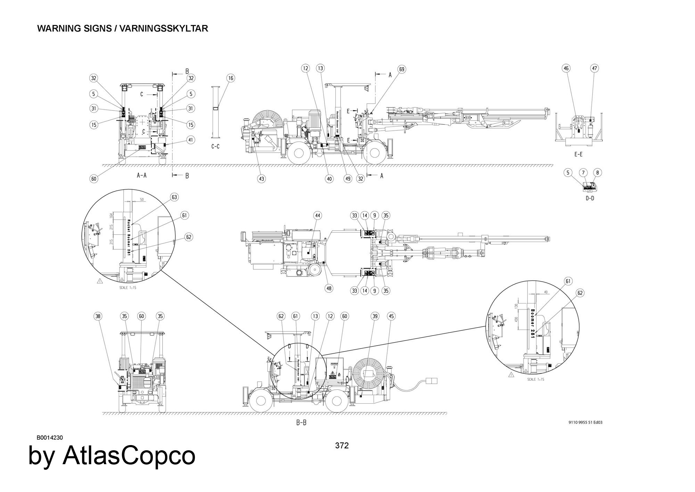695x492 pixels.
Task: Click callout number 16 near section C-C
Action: click(231, 78)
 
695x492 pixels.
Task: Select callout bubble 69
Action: click(401, 70)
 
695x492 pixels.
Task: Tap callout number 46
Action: click(566, 68)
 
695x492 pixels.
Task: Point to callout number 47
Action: click(595, 68)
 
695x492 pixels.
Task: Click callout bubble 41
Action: click(190, 140)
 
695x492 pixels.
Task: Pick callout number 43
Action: click(261, 179)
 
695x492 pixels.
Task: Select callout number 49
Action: click(347, 179)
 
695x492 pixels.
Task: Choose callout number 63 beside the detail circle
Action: click(174, 197)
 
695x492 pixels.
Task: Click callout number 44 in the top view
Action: click(318, 216)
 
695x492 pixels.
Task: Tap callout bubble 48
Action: click(329, 288)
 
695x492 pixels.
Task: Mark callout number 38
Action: click(98, 316)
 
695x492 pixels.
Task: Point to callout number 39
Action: click(375, 316)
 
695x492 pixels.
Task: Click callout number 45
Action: click(392, 316)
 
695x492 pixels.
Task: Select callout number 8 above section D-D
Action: click(597, 173)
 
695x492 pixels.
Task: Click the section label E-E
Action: click(578, 154)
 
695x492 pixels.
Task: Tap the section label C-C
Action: click(215, 147)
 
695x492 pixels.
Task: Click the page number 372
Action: click(342, 446)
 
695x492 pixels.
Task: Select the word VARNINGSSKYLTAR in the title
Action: click(164, 29)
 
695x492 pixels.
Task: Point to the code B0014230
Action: click(50, 438)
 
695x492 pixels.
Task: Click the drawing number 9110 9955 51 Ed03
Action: click(585, 422)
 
